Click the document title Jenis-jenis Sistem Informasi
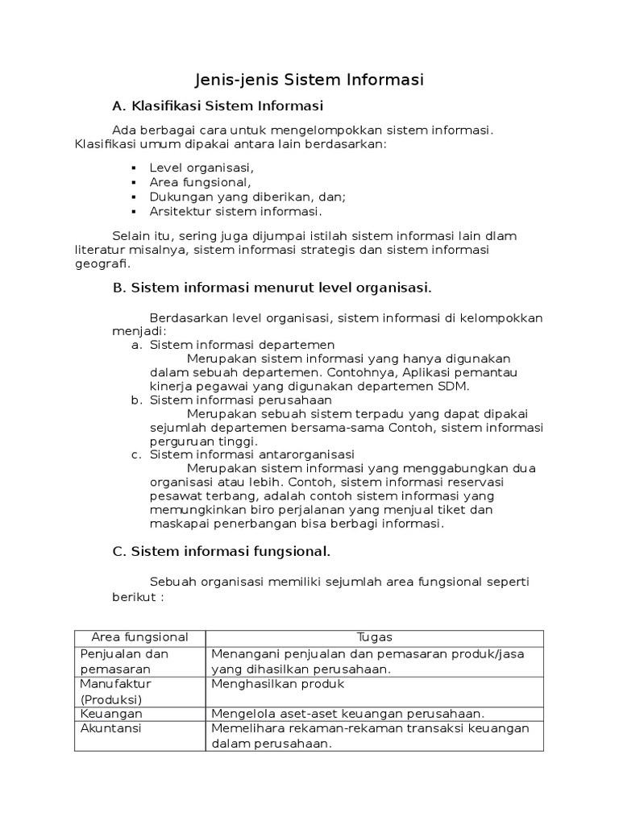(309, 80)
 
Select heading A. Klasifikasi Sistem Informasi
(217, 106)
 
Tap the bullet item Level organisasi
(201, 168)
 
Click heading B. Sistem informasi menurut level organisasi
(272, 288)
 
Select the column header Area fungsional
(140, 637)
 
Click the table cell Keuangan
(111, 714)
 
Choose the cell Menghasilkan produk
(277, 684)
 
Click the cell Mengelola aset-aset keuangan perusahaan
(347, 714)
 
